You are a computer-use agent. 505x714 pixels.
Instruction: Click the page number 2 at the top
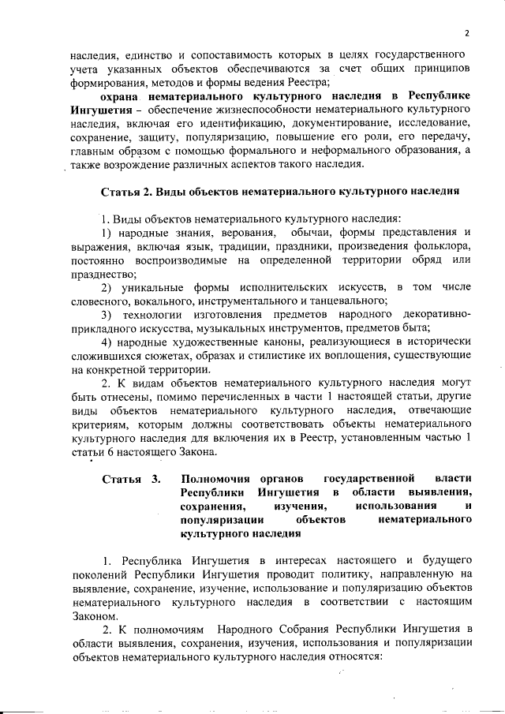pyautogui.click(x=466, y=33)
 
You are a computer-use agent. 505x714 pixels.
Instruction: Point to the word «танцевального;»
pyautogui.click(x=349, y=301)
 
